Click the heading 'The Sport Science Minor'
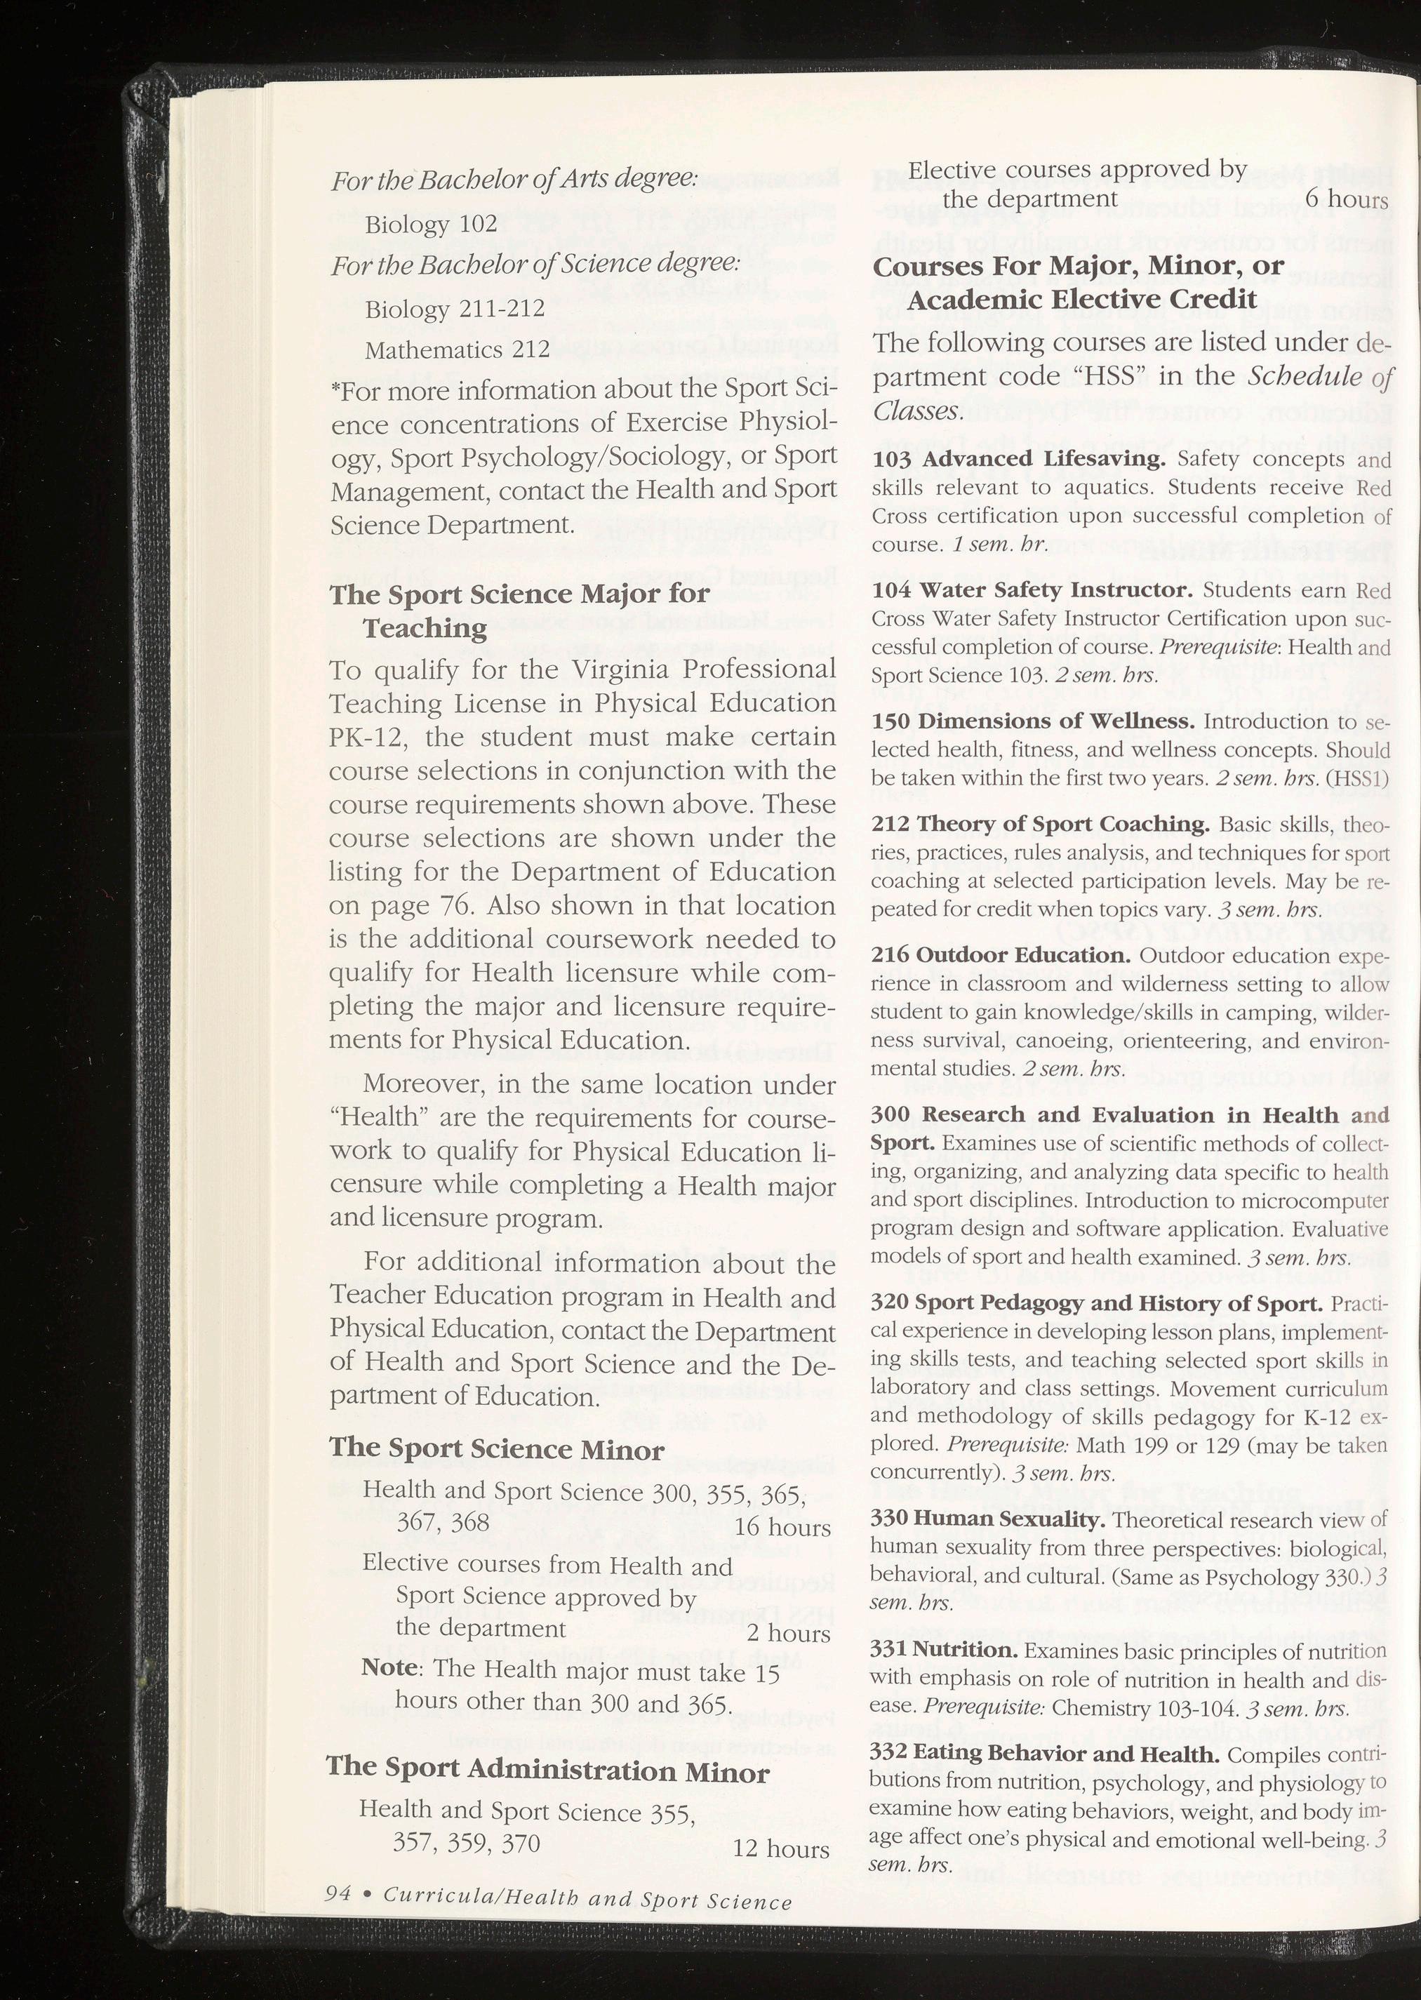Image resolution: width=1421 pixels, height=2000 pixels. (496, 1450)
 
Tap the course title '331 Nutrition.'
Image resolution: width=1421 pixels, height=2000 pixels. (943, 1650)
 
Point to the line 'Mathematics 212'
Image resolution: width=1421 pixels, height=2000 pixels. (457, 351)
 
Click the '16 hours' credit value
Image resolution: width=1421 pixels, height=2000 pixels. (782, 1528)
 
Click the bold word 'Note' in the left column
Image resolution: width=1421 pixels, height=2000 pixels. (389, 1667)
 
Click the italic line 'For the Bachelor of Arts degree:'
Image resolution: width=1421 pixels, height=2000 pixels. (514, 180)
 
